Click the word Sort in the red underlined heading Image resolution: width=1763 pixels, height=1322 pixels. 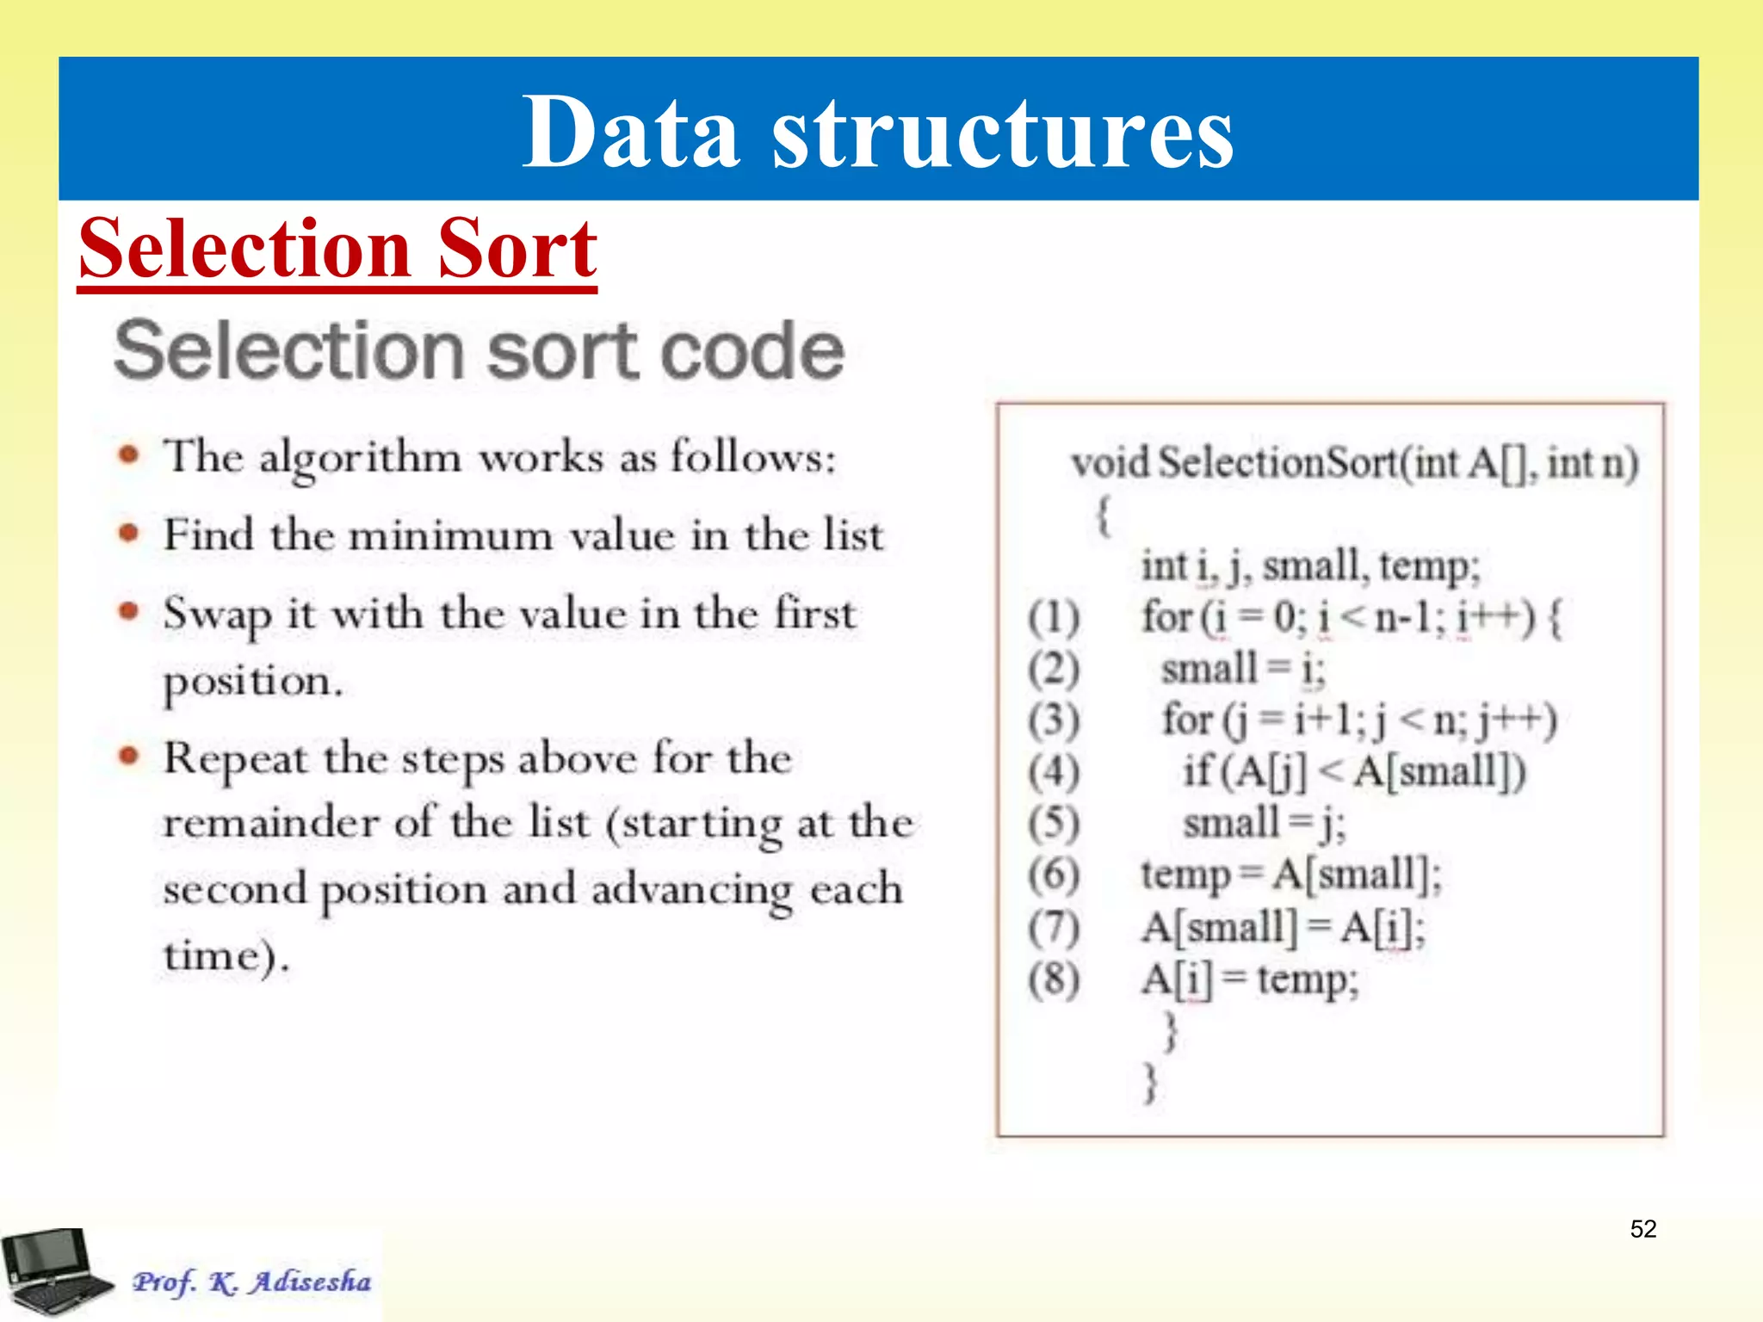point(517,250)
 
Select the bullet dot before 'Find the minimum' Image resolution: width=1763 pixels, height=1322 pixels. point(129,534)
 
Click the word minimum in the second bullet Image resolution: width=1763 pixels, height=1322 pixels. point(451,536)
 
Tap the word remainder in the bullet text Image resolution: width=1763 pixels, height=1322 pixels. point(270,823)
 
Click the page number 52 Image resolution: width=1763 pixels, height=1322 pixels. point(1642,1228)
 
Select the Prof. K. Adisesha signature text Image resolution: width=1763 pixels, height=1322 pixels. point(251,1282)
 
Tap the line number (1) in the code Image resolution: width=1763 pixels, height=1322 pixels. point(1054,618)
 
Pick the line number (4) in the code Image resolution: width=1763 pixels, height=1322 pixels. point(1054,772)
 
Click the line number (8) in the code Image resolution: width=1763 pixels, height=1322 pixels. point(1054,979)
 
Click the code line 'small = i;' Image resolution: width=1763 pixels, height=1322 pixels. point(1243,670)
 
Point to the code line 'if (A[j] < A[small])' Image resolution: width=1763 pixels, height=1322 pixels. point(1353,772)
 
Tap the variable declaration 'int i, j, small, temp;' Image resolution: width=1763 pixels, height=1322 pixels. point(1310,566)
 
